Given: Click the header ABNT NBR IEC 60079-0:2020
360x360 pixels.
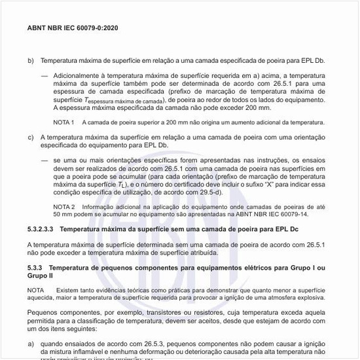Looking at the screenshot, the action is pos(73,29).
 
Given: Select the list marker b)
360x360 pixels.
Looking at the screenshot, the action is pos(31,61).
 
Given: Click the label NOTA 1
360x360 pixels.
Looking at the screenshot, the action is pos(63,122).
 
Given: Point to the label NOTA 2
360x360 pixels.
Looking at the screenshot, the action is pos(63,207).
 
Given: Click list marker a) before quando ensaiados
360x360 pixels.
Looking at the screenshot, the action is pos(31,343).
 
